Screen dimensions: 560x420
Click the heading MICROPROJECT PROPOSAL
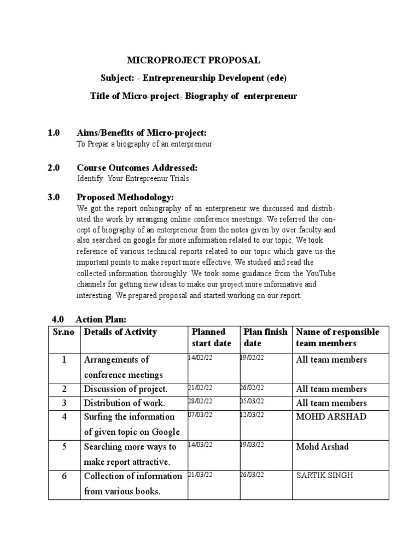(x=194, y=60)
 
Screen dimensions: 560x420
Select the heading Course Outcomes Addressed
(x=137, y=167)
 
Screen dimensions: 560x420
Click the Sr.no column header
(x=64, y=332)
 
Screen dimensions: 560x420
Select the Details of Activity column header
(x=120, y=332)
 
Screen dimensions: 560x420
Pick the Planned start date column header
(x=211, y=337)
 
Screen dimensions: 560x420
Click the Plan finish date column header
(x=265, y=337)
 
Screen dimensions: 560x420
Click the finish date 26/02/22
(x=252, y=387)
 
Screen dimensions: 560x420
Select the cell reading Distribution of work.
(x=124, y=403)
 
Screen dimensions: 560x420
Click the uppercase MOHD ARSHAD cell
(x=331, y=417)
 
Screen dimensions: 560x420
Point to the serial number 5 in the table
(x=64, y=447)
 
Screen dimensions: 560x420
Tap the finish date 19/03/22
(x=252, y=444)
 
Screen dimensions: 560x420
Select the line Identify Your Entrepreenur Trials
(x=133, y=179)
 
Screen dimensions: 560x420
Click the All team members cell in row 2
(x=331, y=389)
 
